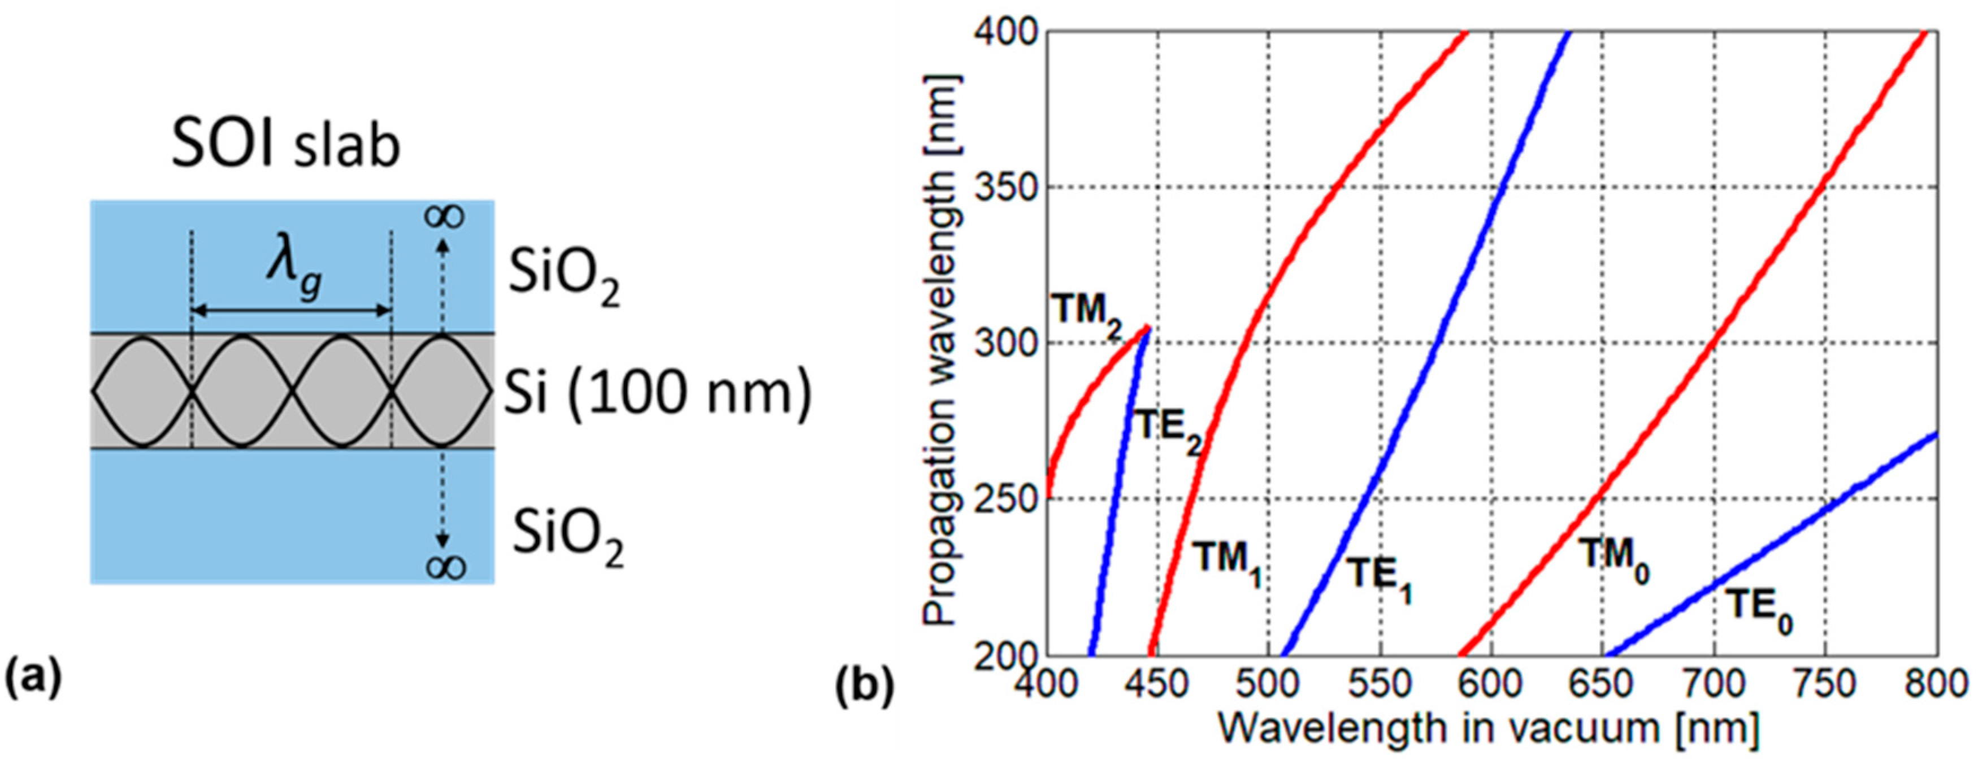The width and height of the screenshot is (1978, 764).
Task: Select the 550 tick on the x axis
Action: point(1380,683)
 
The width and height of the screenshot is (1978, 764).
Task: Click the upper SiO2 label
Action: point(565,278)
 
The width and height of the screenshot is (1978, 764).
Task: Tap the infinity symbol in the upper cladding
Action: point(444,216)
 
